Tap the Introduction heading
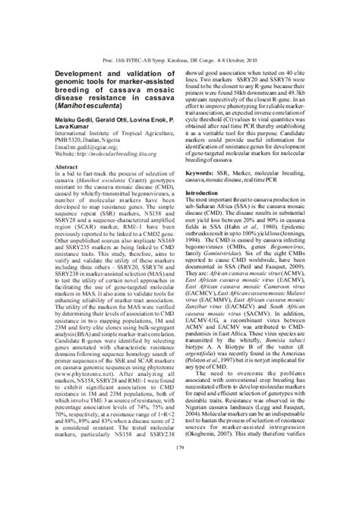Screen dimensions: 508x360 (x=205, y=193)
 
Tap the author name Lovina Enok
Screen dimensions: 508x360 (x=153, y=126)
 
